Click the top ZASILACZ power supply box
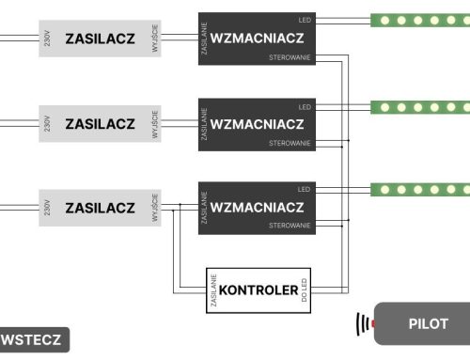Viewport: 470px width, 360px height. [101, 39]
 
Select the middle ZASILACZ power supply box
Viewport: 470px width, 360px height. [101, 124]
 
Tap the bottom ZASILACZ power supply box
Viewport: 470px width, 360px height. [101, 207]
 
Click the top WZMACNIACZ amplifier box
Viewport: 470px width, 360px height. [257, 39]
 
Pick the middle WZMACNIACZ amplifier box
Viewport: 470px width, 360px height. [257, 124]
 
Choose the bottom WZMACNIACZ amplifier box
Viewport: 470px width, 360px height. [257, 207]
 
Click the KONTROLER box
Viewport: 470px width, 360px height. [260, 290]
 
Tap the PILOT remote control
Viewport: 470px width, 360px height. [423, 324]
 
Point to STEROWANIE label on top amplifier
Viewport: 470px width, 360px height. [290, 58]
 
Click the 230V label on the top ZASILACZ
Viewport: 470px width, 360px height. [46, 39]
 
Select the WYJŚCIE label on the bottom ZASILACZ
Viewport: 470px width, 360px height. [155, 207]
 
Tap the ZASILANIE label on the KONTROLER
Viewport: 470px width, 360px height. [215, 290]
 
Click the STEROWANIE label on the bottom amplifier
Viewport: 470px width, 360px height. [290, 226]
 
